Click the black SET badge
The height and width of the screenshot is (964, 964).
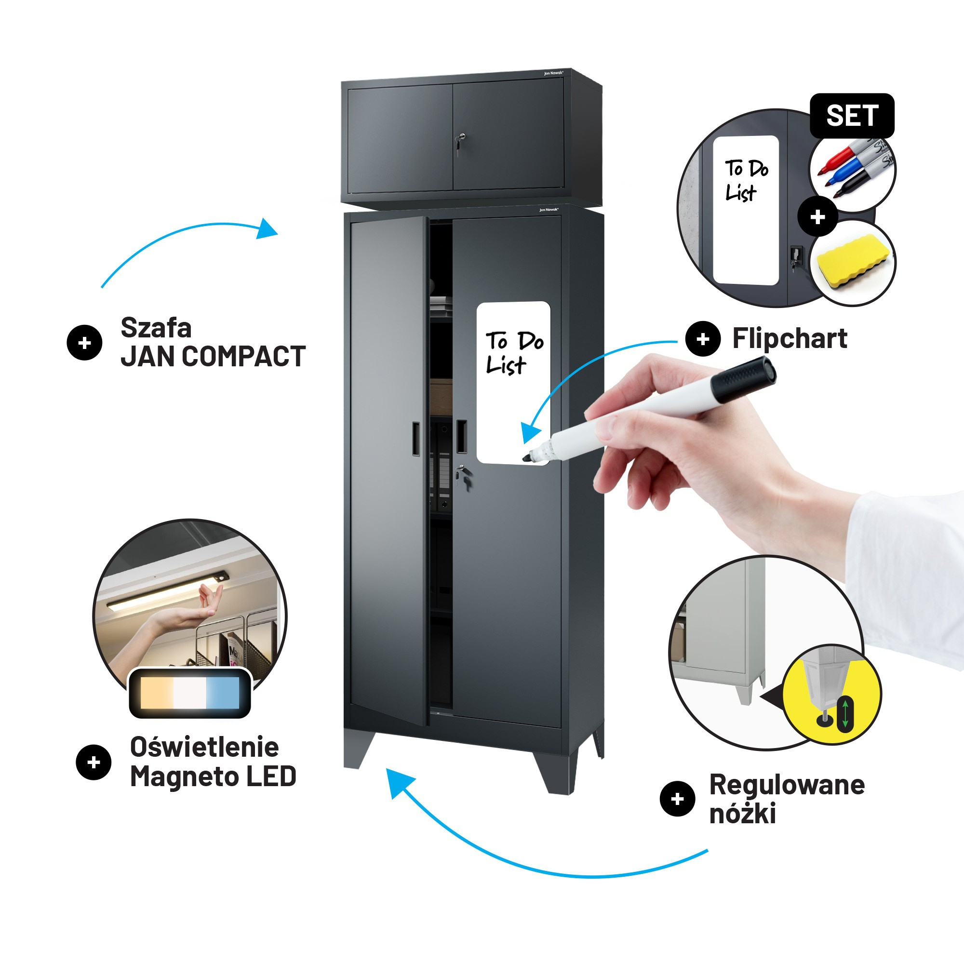pyautogui.click(x=852, y=116)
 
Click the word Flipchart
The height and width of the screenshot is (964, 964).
pyautogui.click(x=790, y=338)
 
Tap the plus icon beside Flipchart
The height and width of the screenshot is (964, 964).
pyautogui.click(x=703, y=339)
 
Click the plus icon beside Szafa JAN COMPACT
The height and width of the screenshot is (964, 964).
pyautogui.click(x=84, y=343)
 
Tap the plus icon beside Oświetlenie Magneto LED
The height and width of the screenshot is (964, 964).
pyautogui.click(x=94, y=763)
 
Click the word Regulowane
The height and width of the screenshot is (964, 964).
pyautogui.click(x=787, y=785)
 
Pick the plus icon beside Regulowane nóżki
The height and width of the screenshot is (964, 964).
pyautogui.click(x=677, y=799)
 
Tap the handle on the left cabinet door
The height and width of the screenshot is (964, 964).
pyautogui.click(x=415, y=439)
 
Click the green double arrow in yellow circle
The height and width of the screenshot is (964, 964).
pyautogui.click(x=845, y=715)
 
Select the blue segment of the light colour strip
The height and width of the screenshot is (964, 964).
pyautogui.click(x=223, y=693)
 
